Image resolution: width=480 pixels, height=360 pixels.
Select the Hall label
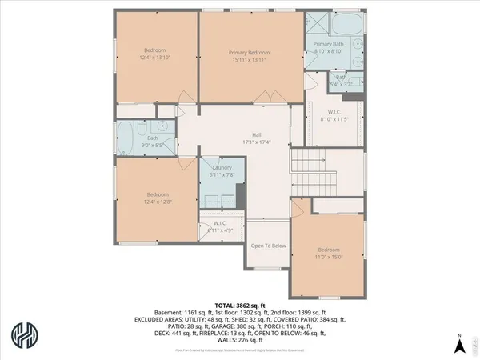pos(257,135)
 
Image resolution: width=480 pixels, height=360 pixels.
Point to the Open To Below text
pos(268,246)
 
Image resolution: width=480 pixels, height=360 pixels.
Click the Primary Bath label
pos(328,44)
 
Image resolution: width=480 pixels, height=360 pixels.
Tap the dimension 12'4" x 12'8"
pos(155,201)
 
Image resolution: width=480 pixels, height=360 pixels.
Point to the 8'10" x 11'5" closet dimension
pos(334,118)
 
